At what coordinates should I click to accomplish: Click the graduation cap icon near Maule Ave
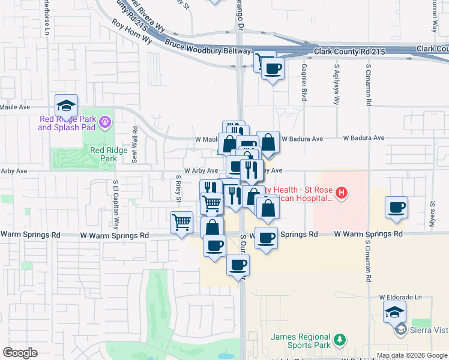tap(66, 106)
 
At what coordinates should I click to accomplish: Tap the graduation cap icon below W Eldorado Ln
tap(394, 312)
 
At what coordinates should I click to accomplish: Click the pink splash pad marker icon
tap(105, 122)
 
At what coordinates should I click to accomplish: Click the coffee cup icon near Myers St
tap(396, 208)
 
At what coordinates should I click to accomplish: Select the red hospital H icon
tap(341, 193)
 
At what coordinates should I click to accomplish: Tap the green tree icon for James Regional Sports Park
tap(340, 340)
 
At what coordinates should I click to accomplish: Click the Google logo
tap(20, 353)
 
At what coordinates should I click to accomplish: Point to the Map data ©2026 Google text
tap(412, 355)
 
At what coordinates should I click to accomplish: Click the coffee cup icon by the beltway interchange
tap(273, 68)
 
